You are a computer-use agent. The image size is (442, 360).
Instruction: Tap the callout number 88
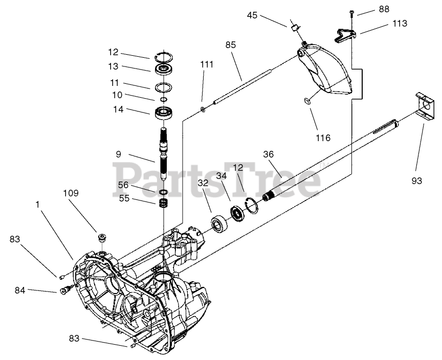[x=384, y=9]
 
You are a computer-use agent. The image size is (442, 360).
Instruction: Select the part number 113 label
[x=400, y=23]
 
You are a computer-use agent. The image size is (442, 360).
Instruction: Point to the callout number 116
[x=323, y=138]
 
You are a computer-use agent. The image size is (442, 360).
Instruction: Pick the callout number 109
[x=71, y=193]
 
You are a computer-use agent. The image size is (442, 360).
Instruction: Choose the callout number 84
[x=20, y=290]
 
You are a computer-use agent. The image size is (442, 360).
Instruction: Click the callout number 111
[x=207, y=64]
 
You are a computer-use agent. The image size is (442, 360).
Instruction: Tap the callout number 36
[x=269, y=154]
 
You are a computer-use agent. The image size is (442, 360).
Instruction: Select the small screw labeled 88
[x=353, y=12]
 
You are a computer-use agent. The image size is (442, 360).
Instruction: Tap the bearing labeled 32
[x=219, y=224]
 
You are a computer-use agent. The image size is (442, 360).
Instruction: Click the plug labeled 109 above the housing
[x=102, y=238]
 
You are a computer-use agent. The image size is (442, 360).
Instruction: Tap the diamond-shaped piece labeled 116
[x=307, y=101]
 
